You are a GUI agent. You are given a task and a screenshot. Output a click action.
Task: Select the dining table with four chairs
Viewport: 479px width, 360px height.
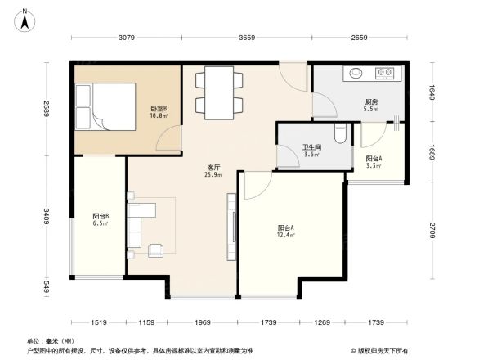click(x=218, y=92)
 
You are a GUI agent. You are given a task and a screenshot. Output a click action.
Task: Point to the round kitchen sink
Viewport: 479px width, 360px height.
click(x=356, y=74)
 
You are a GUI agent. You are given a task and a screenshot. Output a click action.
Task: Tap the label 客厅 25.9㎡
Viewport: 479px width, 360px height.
click(x=214, y=170)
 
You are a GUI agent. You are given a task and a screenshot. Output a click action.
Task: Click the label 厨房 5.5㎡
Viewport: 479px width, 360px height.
click(x=370, y=105)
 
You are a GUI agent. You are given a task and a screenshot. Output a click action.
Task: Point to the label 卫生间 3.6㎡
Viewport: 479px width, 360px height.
click(x=311, y=150)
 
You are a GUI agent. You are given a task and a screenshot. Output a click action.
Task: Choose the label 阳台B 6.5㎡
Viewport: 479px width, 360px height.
click(x=101, y=219)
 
